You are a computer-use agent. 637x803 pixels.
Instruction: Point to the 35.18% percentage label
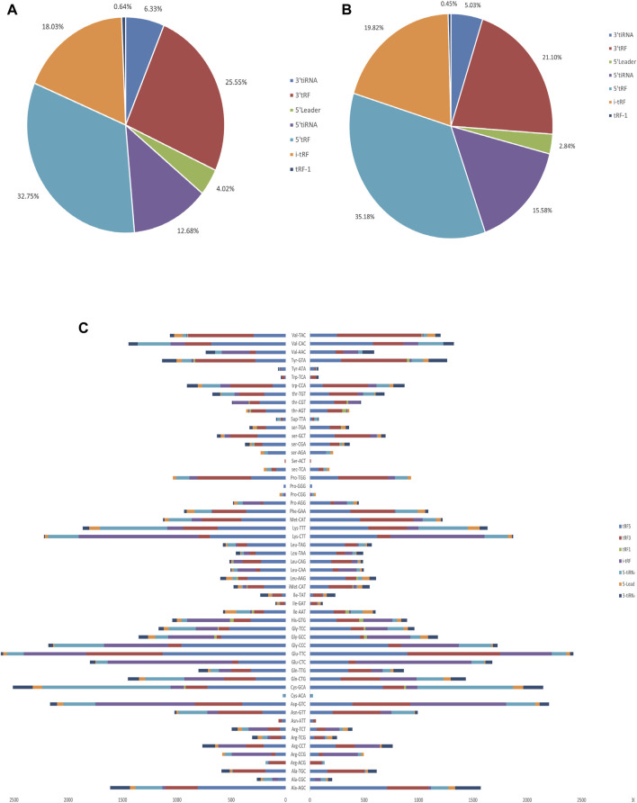(x=327, y=194)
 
